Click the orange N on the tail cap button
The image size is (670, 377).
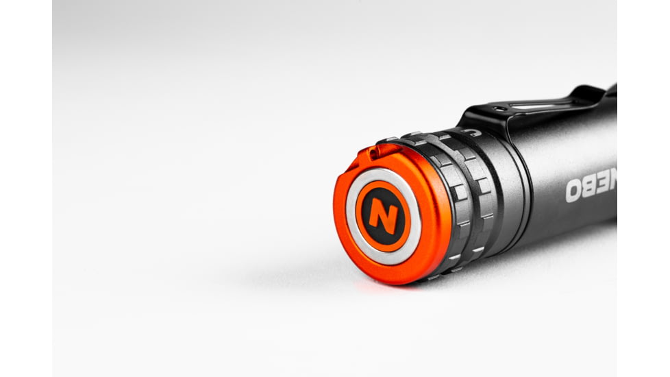click(383, 216)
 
